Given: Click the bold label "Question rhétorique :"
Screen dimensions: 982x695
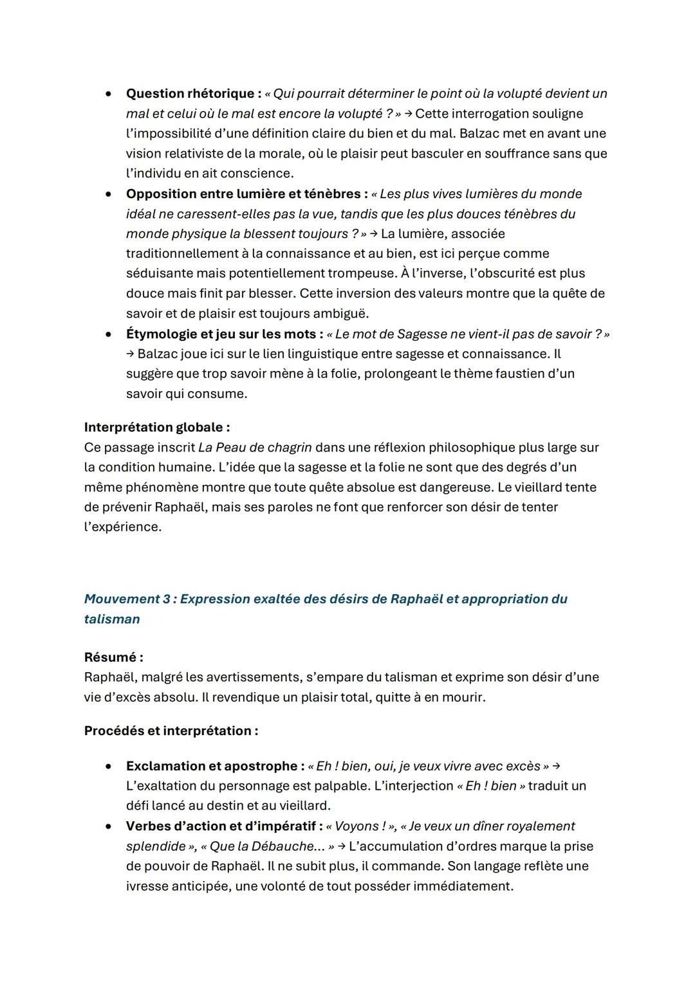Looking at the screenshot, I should tap(193, 94).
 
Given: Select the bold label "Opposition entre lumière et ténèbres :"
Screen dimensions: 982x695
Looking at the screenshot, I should tap(246, 194).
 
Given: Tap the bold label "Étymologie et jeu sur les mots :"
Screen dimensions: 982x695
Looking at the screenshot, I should tap(225, 334).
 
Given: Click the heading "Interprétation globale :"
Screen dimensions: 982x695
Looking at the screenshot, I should tap(156, 428).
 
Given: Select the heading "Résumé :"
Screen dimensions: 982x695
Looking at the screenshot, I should tap(113, 658).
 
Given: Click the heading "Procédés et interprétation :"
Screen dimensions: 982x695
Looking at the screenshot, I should tap(171, 731).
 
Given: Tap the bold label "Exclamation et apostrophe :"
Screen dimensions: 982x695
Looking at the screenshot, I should tap(215, 767).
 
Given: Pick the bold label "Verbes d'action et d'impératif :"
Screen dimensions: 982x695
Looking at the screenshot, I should tap(224, 826).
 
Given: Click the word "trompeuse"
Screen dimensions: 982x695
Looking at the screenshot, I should tap(362, 273).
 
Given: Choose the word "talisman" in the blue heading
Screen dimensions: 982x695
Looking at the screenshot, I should tap(112, 619).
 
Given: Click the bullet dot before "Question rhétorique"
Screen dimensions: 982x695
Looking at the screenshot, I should tap(110, 94).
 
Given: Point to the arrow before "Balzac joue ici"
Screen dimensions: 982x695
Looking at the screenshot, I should tap(130, 354).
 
